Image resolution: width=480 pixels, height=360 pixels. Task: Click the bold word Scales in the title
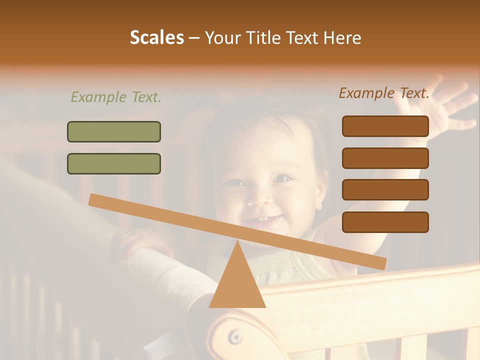coord(156,38)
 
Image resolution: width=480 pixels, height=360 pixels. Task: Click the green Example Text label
coord(116,97)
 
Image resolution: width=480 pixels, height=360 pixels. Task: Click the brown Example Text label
coord(384,93)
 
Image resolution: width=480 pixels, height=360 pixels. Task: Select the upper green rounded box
coord(114,131)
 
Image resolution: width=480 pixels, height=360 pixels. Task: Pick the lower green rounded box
coord(114,163)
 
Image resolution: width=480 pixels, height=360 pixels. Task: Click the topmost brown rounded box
coord(385,126)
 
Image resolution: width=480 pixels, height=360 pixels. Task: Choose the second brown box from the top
coord(385,158)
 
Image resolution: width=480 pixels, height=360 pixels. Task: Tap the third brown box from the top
coord(385,190)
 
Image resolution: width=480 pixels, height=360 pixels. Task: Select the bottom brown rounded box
coord(385,222)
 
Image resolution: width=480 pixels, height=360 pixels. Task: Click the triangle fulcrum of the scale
coord(237,280)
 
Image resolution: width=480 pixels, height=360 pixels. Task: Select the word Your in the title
coord(223,38)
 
